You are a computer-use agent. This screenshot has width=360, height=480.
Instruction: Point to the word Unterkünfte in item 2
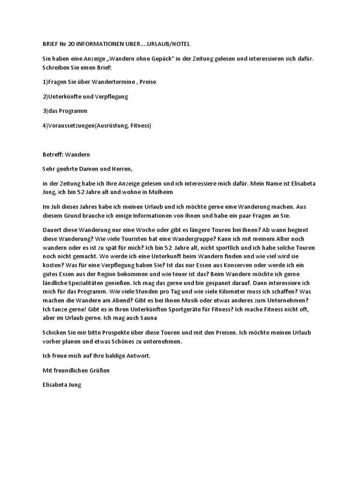tap(60, 97)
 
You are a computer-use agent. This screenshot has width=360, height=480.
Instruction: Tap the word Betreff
tap(49, 154)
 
